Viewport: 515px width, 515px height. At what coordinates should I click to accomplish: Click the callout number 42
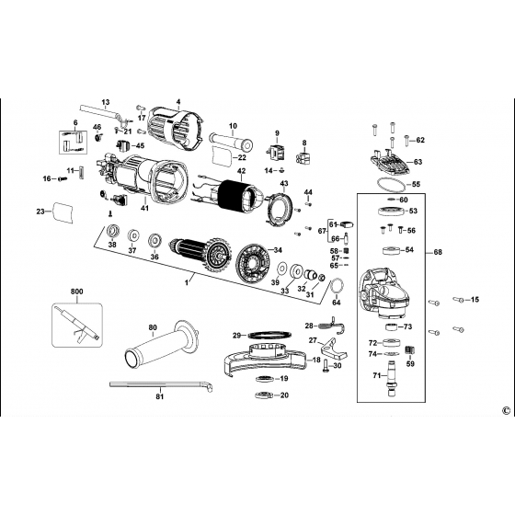pyautogui.click(x=241, y=171)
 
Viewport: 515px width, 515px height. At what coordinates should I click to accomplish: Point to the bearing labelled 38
pyautogui.click(x=112, y=230)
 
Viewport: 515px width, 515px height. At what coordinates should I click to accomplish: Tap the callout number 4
pyautogui.click(x=178, y=99)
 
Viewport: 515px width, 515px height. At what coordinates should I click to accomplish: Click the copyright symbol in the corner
pyautogui.click(x=505, y=411)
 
